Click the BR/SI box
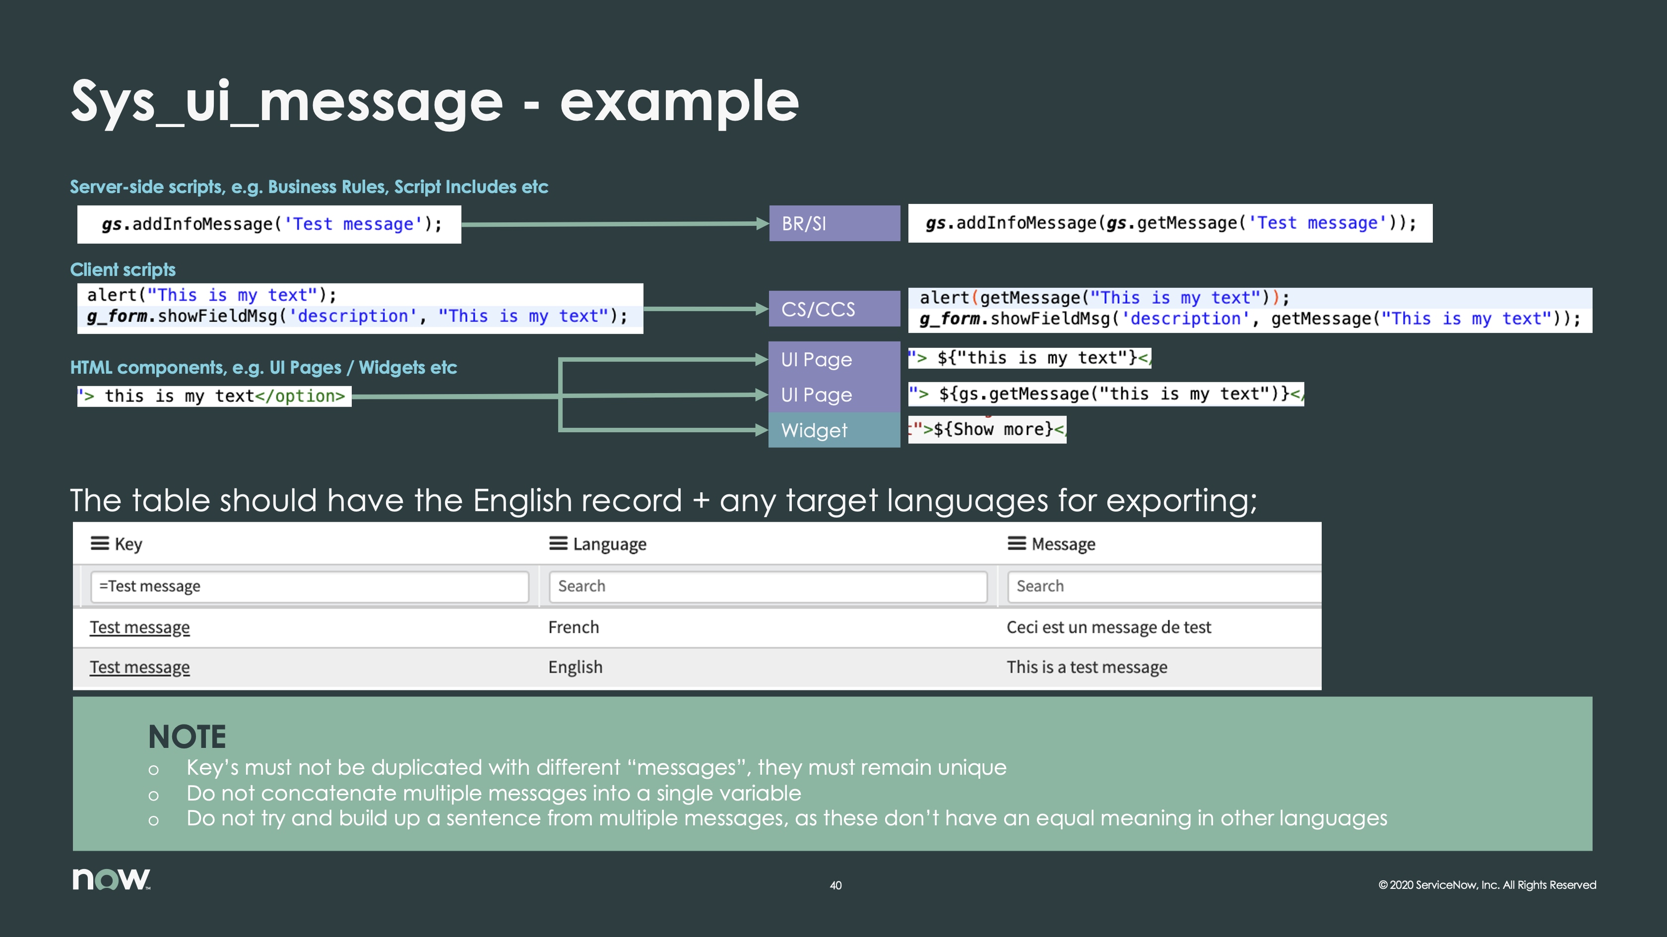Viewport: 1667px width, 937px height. coord(833,223)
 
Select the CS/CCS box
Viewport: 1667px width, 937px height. coord(833,309)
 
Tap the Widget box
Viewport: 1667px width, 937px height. coord(833,430)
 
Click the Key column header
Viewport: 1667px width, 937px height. coord(128,544)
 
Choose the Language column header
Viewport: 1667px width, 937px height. coord(609,544)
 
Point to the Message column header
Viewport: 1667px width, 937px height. coord(1063,544)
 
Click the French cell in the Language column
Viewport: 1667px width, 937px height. coord(574,627)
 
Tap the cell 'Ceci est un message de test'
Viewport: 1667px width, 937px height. coord(1108,627)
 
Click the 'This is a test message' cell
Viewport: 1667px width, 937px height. coord(1087,667)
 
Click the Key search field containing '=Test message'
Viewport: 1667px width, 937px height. coord(309,586)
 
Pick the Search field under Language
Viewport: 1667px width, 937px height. coord(768,586)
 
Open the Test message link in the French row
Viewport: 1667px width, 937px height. coord(140,627)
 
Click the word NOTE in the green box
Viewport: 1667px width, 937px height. coord(187,736)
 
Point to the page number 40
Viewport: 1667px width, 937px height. coord(835,885)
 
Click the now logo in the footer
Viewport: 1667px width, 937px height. coord(111,879)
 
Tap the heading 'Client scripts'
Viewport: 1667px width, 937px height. coord(123,269)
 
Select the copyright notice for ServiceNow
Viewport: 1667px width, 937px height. coord(1486,885)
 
